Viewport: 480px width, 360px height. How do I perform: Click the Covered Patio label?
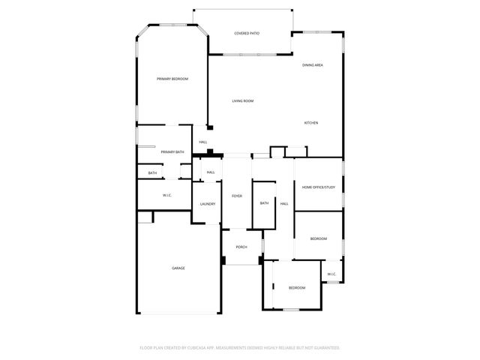[247, 33]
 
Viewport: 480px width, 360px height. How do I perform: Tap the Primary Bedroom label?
[172, 79]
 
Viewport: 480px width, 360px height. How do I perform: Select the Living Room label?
[242, 100]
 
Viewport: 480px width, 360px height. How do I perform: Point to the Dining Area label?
[313, 65]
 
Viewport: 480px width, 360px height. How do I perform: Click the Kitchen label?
[311, 122]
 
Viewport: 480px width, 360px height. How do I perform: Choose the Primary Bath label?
[172, 152]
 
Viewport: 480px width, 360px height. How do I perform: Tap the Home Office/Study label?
[318, 187]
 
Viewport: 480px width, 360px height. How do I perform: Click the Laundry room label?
[208, 204]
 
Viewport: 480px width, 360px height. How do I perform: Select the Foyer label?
[236, 196]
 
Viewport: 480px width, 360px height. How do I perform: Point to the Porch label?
[241, 247]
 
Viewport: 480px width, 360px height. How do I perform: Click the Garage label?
[178, 268]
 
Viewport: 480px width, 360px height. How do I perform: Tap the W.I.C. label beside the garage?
[167, 196]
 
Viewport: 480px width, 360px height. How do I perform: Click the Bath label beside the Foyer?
[264, 203]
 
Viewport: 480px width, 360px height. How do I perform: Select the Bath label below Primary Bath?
[152, 173]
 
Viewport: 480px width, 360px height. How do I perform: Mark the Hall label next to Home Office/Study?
[284, 203]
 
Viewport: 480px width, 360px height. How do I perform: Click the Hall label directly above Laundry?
[211, 172]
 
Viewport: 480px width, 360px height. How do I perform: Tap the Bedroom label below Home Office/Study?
[319, 238]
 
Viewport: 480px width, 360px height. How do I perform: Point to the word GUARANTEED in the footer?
[323, 348]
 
